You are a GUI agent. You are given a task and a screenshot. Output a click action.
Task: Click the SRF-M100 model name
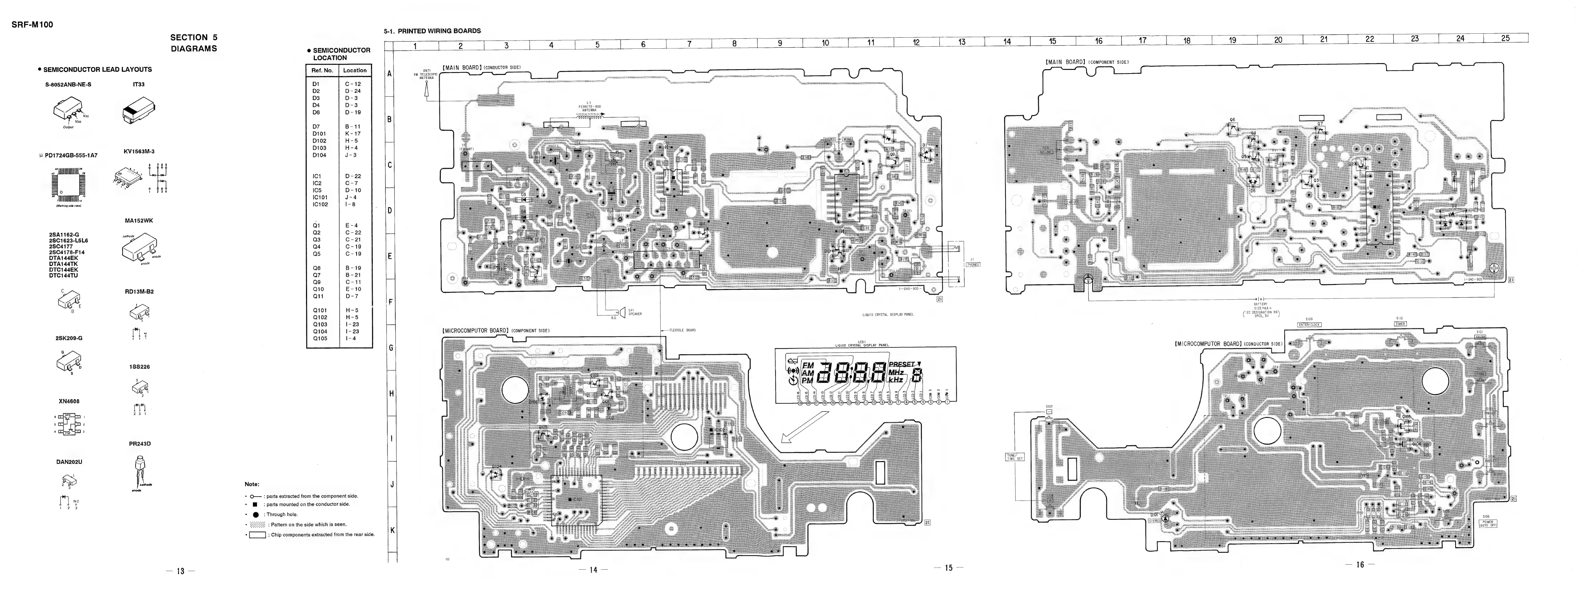click(32, 25)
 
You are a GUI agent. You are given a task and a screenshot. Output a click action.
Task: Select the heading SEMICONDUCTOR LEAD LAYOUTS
click(97, 70)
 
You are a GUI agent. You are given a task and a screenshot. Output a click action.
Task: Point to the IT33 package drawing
click(138, 114)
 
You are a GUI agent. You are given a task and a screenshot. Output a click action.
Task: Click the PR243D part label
click(140, 443)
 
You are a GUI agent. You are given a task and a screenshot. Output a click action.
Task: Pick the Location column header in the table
click(355, 70)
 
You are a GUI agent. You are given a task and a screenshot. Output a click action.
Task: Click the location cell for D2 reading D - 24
click(353, 91)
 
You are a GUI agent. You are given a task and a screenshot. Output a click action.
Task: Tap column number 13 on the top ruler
click(962, 42)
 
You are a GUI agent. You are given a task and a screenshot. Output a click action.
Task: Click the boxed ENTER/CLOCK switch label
click(1309, 324)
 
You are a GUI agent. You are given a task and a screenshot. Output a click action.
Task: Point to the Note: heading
click(252, 484)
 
